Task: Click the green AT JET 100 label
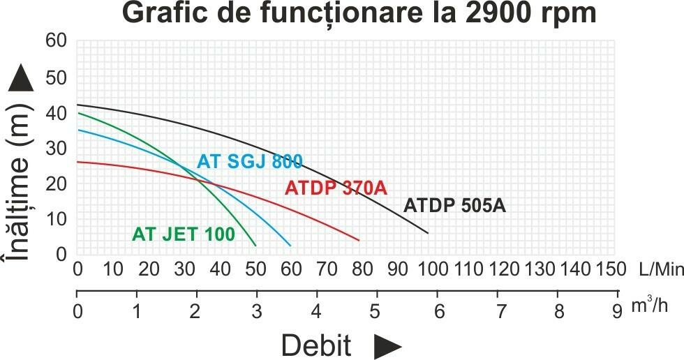pyautogui.click(x=184, y=234)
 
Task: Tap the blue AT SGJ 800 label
pyautogui.click(x=250, y=162)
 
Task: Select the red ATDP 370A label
pyautogui.click(x=336, y=188)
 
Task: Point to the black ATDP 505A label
pyautogui.click(x=454, y=206)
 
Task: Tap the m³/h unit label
pyautogui.click(x=649, y=307)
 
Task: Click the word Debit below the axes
pyautogui.click(x=316, y=345)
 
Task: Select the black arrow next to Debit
pyautogui.click(x=388, y=345)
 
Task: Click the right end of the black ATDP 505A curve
pyautogui.click(x=427, y=233)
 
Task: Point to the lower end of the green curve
pyautogui.click(x=256, y=246)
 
